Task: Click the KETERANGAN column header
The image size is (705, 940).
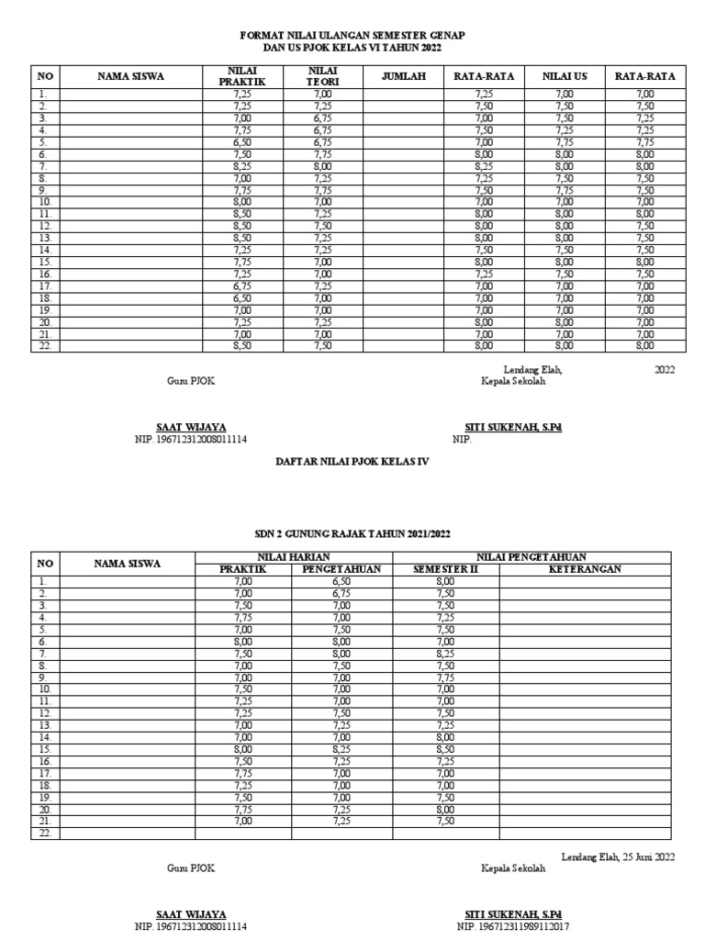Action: coord(585,569)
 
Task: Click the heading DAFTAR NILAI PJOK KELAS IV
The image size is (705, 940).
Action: coord(352,463)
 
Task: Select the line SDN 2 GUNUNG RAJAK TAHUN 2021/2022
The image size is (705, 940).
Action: coord(352,532)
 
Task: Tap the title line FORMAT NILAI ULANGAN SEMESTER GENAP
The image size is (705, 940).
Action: coord(352,34)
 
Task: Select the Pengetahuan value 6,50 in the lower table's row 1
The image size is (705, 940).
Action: coord(341,581)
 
